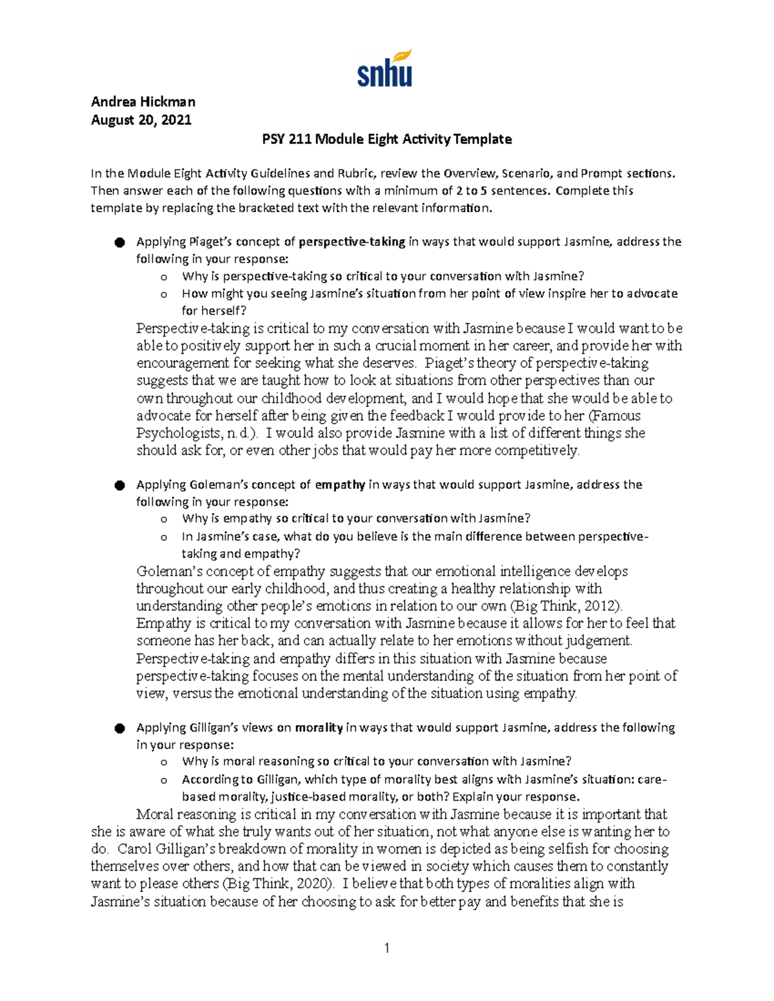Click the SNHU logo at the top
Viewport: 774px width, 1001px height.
(x=384, y=69)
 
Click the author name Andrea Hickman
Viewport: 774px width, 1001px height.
(x=143, y=102)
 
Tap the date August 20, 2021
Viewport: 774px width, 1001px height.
(x=141, y=120)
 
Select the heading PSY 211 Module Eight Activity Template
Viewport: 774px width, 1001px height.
(x=386, y=139)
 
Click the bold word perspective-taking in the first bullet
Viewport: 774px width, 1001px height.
(x=352, y=242)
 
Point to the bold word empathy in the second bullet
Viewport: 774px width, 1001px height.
(x=340, y=485)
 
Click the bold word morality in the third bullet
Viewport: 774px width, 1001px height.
(x=319, y=728)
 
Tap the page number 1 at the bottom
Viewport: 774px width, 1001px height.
(x=386, y=948)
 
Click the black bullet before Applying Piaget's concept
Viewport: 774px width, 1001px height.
(x=119, y=242)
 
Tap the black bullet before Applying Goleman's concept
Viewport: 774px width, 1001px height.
(x=119, y=485)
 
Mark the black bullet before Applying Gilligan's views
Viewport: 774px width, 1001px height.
(x=119, y=728)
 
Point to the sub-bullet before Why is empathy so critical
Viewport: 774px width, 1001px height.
(x=164, y=520)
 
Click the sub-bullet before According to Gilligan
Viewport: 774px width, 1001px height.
(x=164, y=780)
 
